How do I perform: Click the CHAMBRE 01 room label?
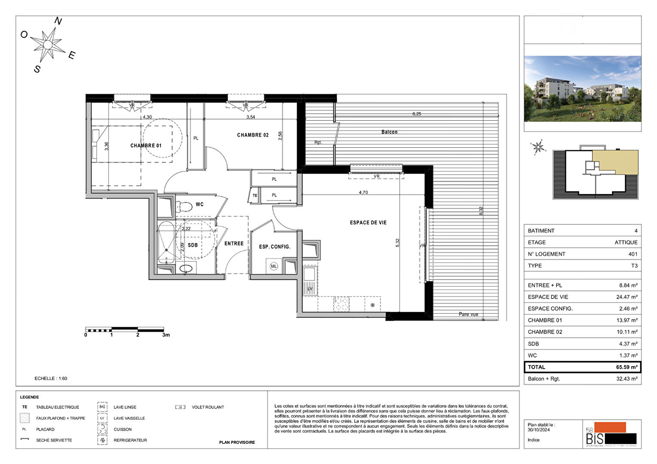tap(146, 146)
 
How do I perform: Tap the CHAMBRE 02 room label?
tap(253, 135)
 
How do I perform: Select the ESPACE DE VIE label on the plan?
tap(368, 223)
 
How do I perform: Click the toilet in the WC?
tap(184, 206)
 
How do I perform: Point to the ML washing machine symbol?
tap(274, 266)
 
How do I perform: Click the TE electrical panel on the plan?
tap(255, 195)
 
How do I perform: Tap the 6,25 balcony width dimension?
tap(417, 114)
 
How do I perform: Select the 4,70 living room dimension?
tap(363, 192)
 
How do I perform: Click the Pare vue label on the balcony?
tap(468, 314)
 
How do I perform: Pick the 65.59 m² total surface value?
tap(626, 367)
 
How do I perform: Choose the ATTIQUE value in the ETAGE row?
tap(626, 242)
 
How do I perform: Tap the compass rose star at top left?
tap(48, 44)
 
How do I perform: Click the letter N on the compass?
tap(58, 21)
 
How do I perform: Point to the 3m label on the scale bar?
tap(166, 335)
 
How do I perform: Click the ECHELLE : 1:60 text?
tap(51, 379)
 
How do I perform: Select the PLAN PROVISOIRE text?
tap(237, 442)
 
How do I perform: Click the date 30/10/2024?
tap(538, 430)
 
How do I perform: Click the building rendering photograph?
tap(582, 89)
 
